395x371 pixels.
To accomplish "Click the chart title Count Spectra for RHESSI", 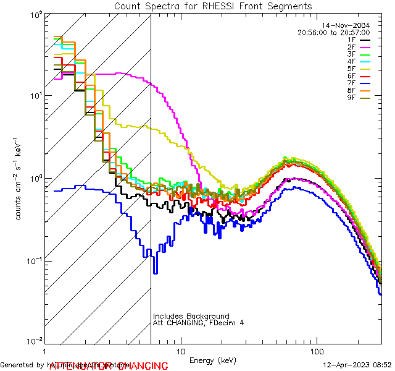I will click(x=213, y=6).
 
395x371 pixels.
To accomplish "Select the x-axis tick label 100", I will click(x=317, y=350).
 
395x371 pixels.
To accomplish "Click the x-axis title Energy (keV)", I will click(x=213, y=360).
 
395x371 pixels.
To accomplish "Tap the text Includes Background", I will click(x=191, y=317).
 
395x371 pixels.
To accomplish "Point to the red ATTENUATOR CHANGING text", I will click(x=109, y=366).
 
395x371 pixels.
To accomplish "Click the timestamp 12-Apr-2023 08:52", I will click(x=357, y=365).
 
